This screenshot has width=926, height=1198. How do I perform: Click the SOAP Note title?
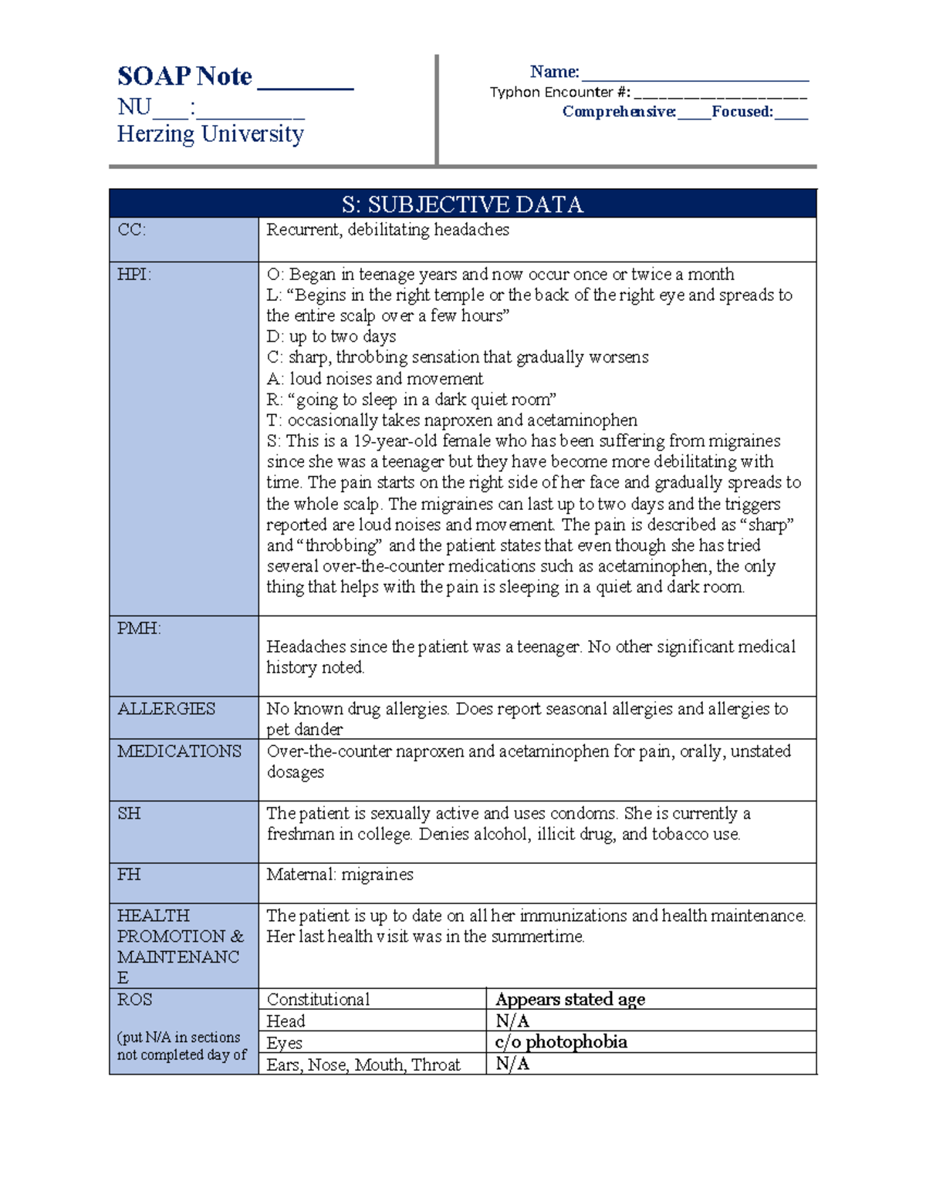[184, 76]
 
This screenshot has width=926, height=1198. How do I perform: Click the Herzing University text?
[210, 134]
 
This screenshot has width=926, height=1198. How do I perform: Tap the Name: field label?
[554, 72]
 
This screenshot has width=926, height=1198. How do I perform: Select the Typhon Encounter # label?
[559, 93]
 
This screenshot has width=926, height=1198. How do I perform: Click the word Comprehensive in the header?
[619, 112]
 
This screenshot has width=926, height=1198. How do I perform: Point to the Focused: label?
[742, 112]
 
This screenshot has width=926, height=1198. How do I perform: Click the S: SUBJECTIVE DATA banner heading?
[462, 204]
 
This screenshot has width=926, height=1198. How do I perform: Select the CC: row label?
[131, 230]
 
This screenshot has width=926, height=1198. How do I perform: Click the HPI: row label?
[133, 275]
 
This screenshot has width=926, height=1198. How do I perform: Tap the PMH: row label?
[139, 629]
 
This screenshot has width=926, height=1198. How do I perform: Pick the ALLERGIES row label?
[166, 709]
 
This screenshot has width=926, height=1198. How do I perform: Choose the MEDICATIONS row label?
[179, 751]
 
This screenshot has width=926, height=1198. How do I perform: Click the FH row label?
[128, 875]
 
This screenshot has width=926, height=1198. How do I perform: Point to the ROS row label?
[134, 1000]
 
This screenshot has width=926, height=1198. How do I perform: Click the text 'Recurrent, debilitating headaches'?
[387, 230]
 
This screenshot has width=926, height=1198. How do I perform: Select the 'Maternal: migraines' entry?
[340, 875]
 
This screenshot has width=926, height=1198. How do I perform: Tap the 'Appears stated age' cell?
[570, 1000]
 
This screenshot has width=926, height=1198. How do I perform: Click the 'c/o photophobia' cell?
[561, 1042]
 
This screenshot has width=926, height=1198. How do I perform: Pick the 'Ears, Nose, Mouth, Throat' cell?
[363, 1065]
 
